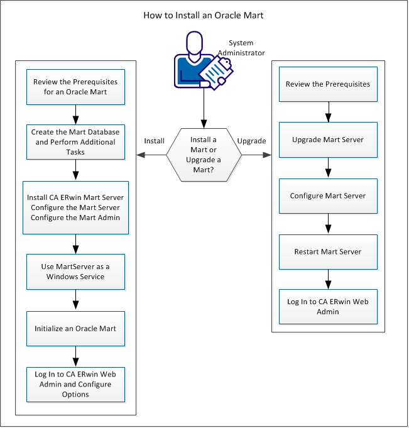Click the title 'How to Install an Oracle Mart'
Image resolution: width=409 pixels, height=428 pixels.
click(204, 14)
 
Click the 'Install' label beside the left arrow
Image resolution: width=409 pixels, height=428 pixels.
click(154, 141)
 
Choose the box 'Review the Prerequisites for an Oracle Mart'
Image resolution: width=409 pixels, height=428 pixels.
click(75, 87)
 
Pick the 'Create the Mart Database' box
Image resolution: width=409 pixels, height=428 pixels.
click(75, 141)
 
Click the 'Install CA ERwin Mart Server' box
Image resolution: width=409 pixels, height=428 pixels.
click(75, 207)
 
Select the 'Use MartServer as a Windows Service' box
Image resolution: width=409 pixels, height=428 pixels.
click(75, 272)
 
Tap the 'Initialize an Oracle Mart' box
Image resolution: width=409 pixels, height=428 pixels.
click(75, 328)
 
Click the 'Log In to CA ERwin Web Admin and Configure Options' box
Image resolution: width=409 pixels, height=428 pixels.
click(75, 384)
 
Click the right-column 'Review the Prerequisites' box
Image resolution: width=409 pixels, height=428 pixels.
click(327, 84)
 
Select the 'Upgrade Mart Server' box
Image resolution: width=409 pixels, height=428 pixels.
click(327, 140)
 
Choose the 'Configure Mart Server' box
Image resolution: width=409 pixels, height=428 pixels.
click(327, 195)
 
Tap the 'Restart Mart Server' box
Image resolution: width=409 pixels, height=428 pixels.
click(327, 251)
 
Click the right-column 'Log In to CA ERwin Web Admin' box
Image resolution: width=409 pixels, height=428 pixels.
click(327, 307)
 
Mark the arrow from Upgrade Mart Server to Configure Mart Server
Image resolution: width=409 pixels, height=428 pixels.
click(327, 168)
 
